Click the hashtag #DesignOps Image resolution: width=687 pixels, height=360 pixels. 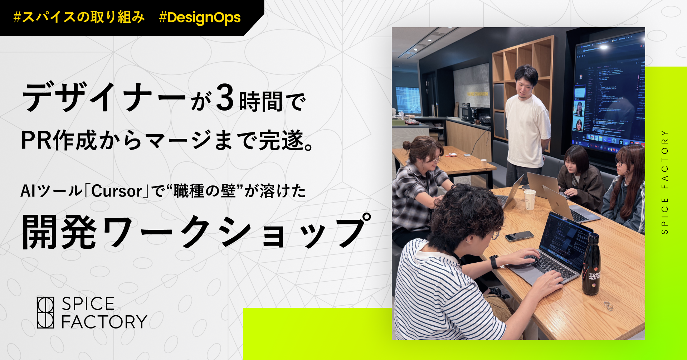[200, 18]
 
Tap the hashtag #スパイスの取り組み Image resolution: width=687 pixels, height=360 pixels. [79, 17]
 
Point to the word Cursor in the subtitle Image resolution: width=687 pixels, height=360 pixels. [117, 191]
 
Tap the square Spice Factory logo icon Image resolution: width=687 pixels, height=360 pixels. [46, 312]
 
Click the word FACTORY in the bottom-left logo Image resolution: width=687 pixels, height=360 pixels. [104, 322]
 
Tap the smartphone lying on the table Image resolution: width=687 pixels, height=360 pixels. [519, 236]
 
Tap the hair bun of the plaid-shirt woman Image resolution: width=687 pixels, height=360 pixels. [406, 145]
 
